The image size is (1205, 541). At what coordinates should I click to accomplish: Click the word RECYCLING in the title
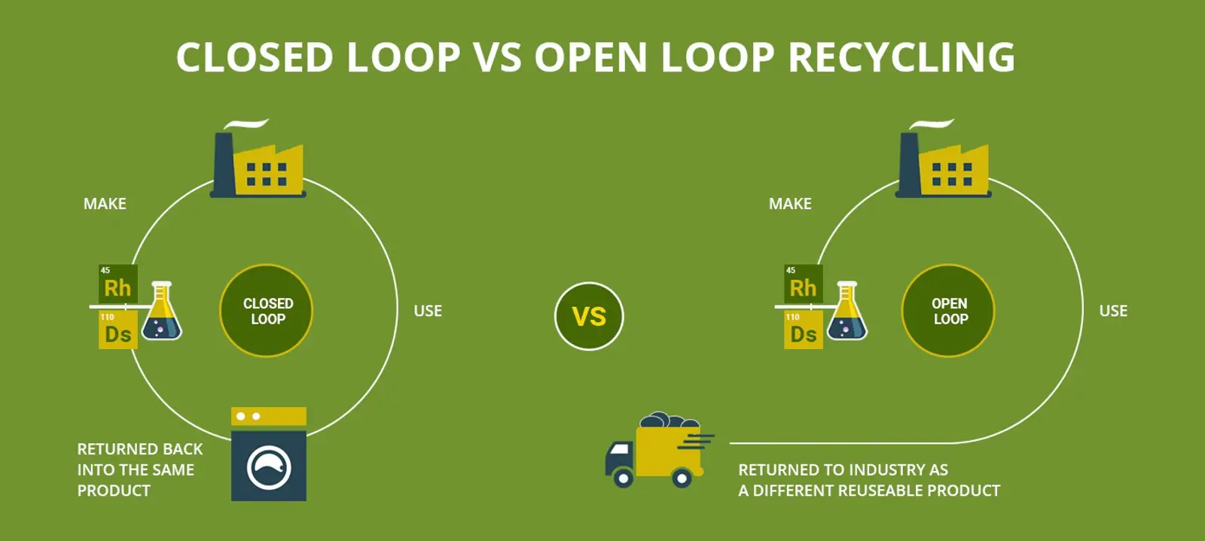(901, 57)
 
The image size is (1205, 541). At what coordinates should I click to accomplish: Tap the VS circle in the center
(589, 316)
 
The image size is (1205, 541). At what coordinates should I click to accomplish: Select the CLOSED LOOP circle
(267, 311)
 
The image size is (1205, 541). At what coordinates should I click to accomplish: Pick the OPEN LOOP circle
(949, 311)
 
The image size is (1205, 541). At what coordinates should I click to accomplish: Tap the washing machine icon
(269, 454)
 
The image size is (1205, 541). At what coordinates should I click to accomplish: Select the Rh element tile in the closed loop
(117, 284)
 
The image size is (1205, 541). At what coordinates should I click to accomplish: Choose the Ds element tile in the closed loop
(117, 331)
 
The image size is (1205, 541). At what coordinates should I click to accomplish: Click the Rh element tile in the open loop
(803, 284)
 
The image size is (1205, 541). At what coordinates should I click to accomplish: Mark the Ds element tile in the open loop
(803, 331)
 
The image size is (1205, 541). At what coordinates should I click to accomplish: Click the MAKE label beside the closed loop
(105, 204)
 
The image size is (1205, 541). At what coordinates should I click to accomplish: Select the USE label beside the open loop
(1113, 311)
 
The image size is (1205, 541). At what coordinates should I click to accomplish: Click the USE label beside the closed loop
(428, 311)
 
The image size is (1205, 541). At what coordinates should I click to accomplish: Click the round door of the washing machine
(269, 467)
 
